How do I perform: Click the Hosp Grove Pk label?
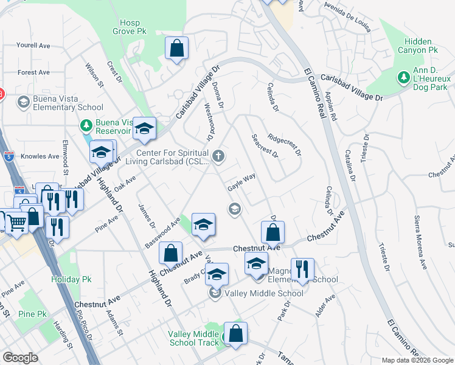click(x=130, y=26)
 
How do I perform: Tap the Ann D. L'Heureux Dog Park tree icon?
click(x=403, y=77)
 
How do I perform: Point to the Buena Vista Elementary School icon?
click(x=24, y=102)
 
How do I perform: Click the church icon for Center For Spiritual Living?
click(x=218, y=157)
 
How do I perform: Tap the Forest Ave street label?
click(x=33, y=72)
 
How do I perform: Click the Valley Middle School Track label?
click(x=193, y=338)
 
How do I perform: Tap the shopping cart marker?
click(x=16, y=222)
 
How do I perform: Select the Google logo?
click(x=21, y=358)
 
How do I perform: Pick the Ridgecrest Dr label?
click(x=284, y=145)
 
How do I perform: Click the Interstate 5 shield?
click(x=7, y=156)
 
